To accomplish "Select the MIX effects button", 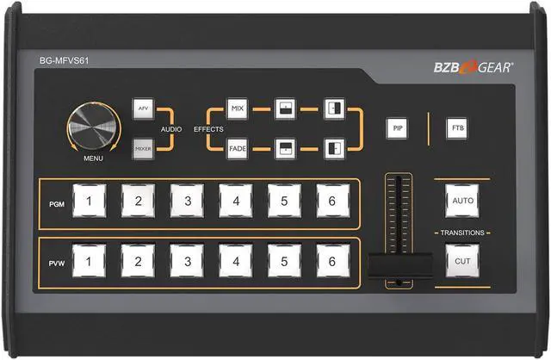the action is [x=238, y=109].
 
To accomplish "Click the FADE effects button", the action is [x=238, y=149].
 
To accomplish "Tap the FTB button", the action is [x=456, y=128].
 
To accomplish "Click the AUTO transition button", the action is [x=458, y=200].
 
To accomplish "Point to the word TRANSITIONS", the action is [x=462, y=233].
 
